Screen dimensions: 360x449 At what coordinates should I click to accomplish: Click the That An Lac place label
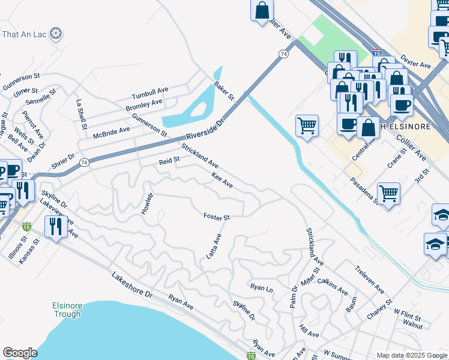(x=25, y=33)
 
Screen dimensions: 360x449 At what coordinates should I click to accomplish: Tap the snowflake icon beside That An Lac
(x=56, y=32)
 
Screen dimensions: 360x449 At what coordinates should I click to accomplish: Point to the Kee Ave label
(x=222, y=179)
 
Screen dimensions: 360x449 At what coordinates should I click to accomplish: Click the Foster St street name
(x=217, y=217)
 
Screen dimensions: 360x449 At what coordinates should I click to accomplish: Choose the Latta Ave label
(x=214, y=247)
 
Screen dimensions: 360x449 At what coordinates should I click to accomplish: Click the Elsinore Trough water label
(x=66, y=310)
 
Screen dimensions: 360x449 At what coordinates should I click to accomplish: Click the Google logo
(x=20, y=353)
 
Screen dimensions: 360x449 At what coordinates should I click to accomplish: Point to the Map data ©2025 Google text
(x=411, y=355)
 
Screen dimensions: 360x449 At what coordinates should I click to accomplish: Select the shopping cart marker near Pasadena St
(x=389, y=193)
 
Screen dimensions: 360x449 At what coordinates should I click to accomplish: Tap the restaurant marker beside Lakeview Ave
(x=55, y=226)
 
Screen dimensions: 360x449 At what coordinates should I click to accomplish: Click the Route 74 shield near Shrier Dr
(x=84, y=163)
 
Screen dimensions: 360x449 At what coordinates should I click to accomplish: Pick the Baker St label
(x=224, y=91)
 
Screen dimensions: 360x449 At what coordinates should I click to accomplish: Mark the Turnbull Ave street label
(x=150, y=94)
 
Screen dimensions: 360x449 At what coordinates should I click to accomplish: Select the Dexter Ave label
(x=417, y=62)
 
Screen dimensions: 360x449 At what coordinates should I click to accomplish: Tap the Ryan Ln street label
(x=262, y=288)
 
